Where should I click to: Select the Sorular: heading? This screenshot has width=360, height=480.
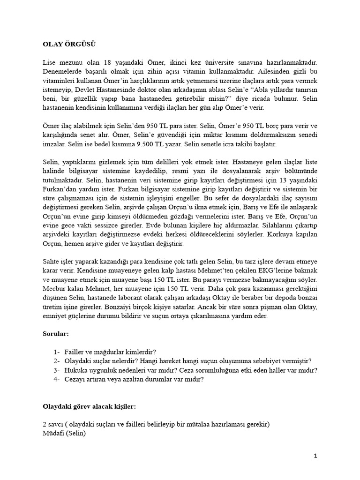55,335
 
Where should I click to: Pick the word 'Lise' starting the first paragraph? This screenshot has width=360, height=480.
49,62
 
